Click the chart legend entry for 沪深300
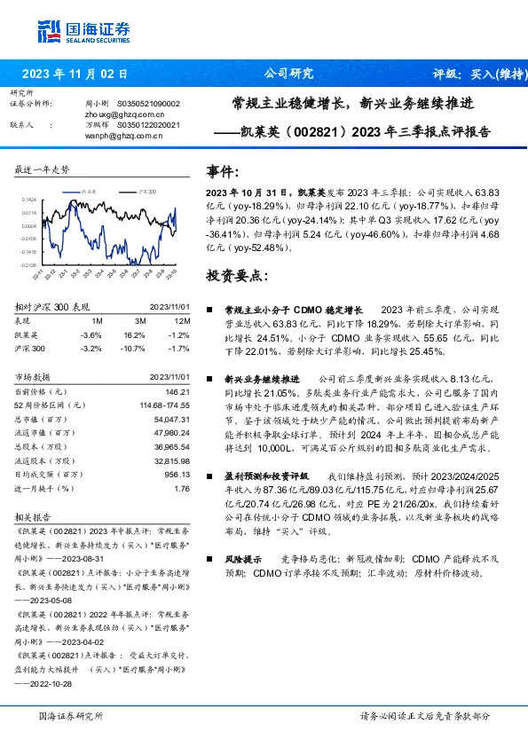click(145, 191)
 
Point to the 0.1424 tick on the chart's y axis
click(30, 201)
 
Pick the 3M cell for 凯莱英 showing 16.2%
click(134, 335)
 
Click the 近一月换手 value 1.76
click(182, 488)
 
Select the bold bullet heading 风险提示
click(241, 559)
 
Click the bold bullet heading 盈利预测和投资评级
click(268, 476)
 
